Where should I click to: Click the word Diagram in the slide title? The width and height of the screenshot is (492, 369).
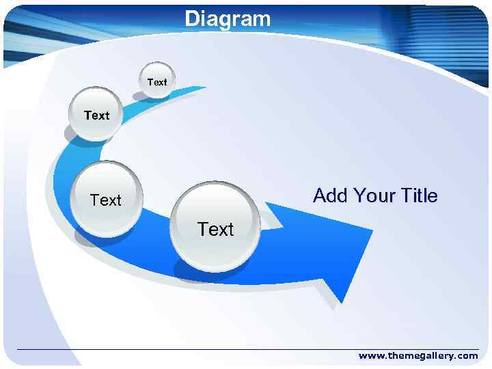(x=228, y=18)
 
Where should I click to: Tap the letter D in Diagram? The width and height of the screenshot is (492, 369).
(x=192, y=18)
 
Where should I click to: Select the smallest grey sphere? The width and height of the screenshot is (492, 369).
(x=157, y=80)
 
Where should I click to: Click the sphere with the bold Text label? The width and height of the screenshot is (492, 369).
(x=96, y=114)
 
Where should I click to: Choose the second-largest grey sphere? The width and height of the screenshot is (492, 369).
(x=107, y=198)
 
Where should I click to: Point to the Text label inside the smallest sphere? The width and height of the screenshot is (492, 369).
(x=157, y=82)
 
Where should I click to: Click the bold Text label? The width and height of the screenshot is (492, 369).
(x=96, y=115)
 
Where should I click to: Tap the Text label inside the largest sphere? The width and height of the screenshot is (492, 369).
(x=215, y=230)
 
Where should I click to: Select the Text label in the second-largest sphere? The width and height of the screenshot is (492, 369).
(x=106, y=200)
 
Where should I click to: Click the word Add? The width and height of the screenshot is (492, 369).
(x=329, y=196)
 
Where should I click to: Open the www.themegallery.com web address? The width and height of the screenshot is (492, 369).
(x=418, y=355)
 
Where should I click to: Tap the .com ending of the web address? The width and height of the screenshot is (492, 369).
(x=467, y=355)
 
